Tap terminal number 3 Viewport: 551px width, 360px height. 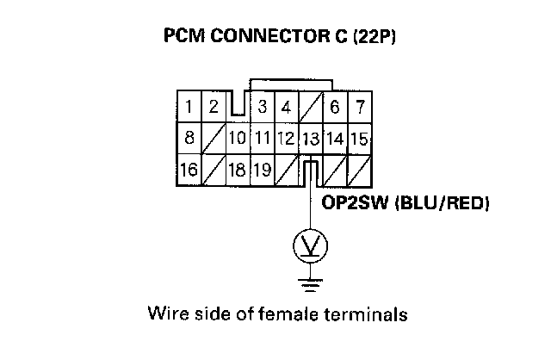[x=262, y=108]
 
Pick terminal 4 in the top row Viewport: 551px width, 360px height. [x=286, y=108]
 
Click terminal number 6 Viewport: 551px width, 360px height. [x=335, y=108]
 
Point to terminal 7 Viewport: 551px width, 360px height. [x=359, y=108]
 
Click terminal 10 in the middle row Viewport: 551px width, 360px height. [x=237, y=138]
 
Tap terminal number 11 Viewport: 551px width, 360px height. [x=262, y=138]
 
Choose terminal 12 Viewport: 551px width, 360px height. [x=286, y=138]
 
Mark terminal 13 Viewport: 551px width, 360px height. [x=311, y=138]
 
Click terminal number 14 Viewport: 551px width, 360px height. [x=335, y=138]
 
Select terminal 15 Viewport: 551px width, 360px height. [x=359, y=138]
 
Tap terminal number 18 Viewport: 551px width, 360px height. [x=237, y=169]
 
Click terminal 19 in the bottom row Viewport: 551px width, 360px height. [x=262, y=169]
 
